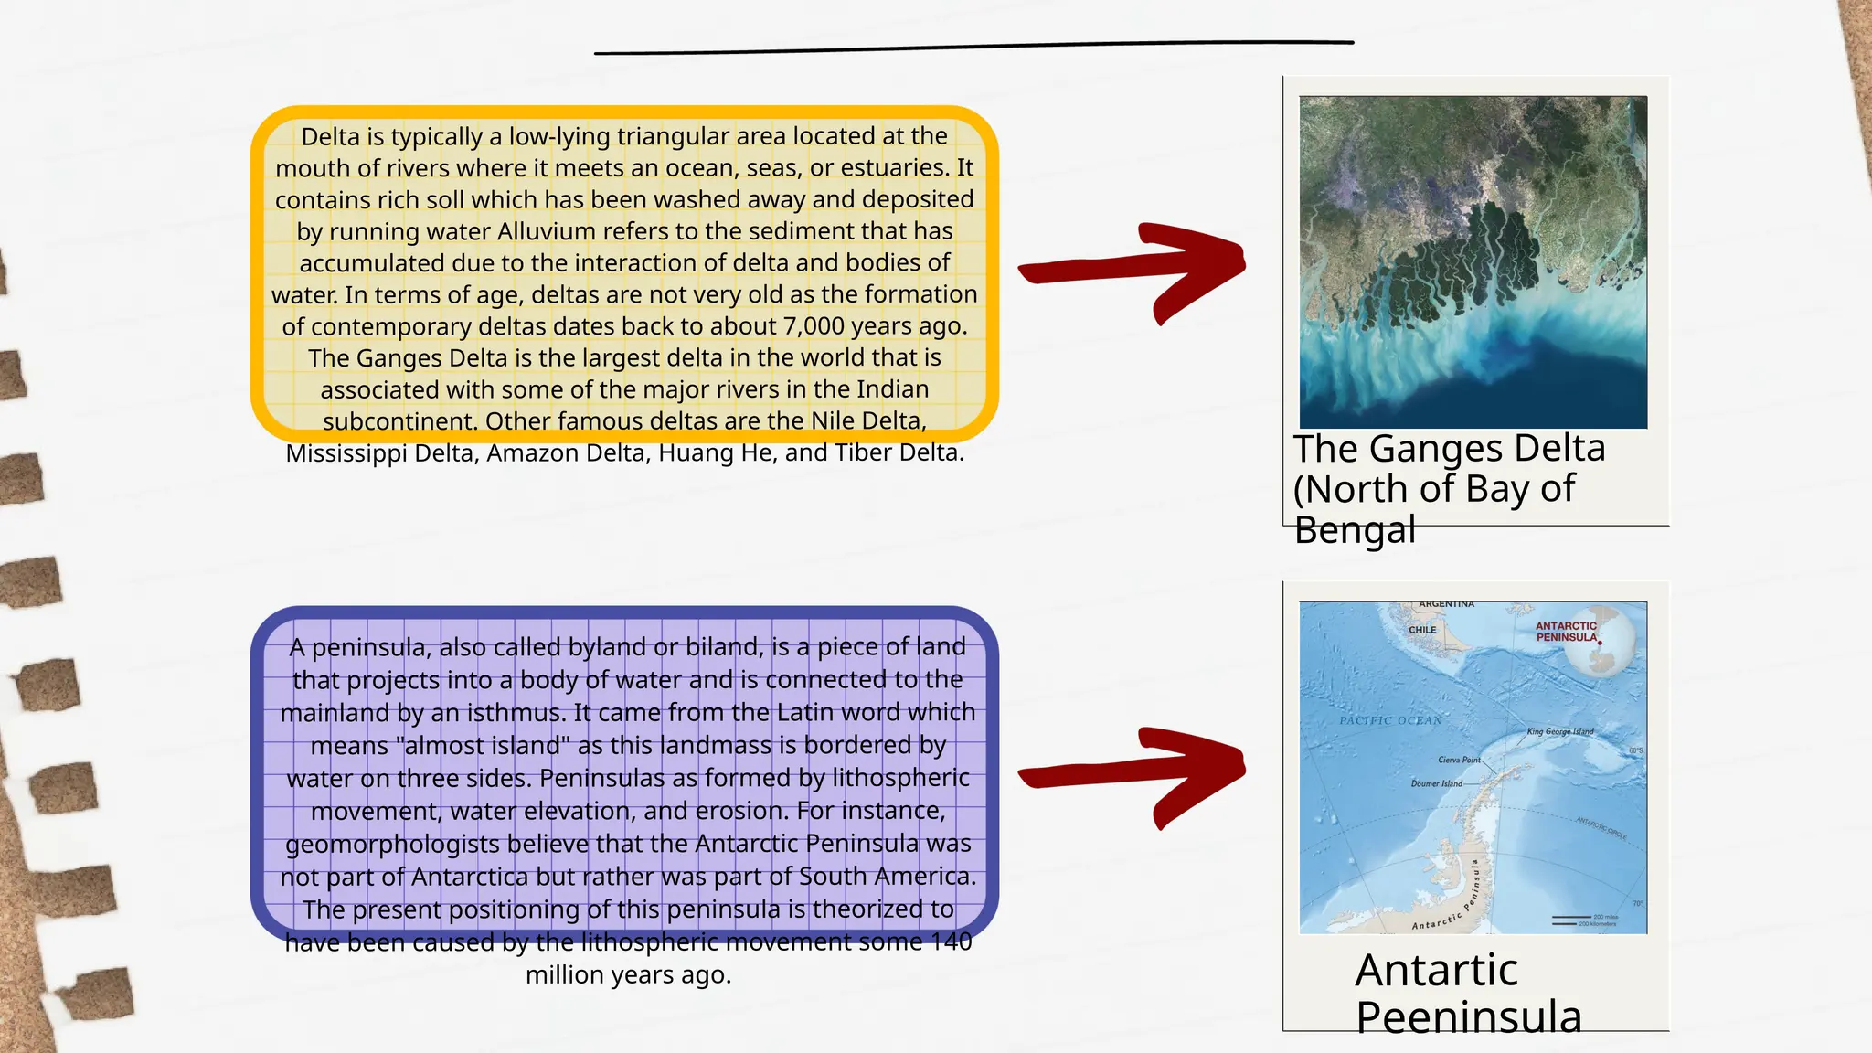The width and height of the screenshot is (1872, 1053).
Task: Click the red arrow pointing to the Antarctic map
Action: [x=1133, y=775]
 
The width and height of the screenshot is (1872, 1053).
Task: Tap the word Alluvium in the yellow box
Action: [x=546, y=231]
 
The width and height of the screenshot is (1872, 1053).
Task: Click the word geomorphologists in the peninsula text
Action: [x=392, y=844]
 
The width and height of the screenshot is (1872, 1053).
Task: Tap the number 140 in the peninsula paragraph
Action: [x=951, y=942]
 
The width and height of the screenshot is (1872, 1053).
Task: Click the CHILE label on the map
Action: [x=1422, y=630]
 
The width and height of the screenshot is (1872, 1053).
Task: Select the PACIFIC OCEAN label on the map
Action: [x=1390, y=720]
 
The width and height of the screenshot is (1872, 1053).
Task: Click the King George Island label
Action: [x=1559, y=731]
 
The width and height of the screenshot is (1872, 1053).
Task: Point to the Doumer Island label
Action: [x=1436, y=783]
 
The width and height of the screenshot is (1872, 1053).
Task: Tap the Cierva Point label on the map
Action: [x=1459, y=760]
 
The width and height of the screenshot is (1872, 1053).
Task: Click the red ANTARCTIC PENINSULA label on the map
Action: [x=1566, y=632]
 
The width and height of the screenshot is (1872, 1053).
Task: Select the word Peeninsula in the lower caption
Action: [x=1468, y=1017]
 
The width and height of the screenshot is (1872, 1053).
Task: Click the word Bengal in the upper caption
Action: [x=1355, y=530]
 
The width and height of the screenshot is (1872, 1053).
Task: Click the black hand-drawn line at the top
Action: [x=973, y=47]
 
